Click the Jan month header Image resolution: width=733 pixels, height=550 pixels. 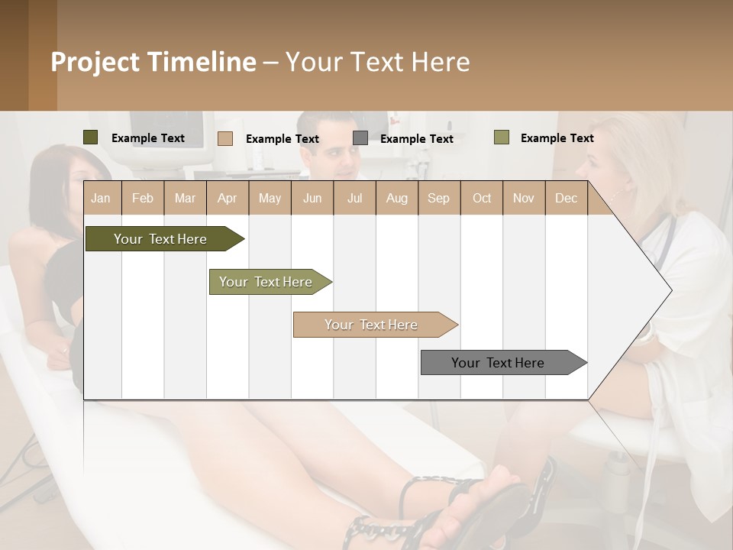(102, 198)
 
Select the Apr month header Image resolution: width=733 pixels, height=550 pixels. (228, 198)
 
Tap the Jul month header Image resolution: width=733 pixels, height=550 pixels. (354, 198)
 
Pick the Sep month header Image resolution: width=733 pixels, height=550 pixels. (439, 198)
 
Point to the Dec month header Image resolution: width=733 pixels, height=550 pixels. (566, 198)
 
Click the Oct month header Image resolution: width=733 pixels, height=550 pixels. (482, 198)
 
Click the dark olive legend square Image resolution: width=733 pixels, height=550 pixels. (91, 137)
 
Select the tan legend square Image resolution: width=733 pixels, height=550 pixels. (225, 138)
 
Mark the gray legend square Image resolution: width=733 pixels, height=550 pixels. (360, 137)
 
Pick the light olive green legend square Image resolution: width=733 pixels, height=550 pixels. (502, 137)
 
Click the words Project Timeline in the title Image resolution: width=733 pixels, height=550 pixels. (153, 62)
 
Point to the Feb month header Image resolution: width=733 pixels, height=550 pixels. (143, 198)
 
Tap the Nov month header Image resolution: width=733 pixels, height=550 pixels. (524, 198)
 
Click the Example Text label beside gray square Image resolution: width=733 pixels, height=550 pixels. (416, 138)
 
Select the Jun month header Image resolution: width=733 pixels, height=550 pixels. (312, 198)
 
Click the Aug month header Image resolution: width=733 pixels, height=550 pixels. (396, 198)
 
